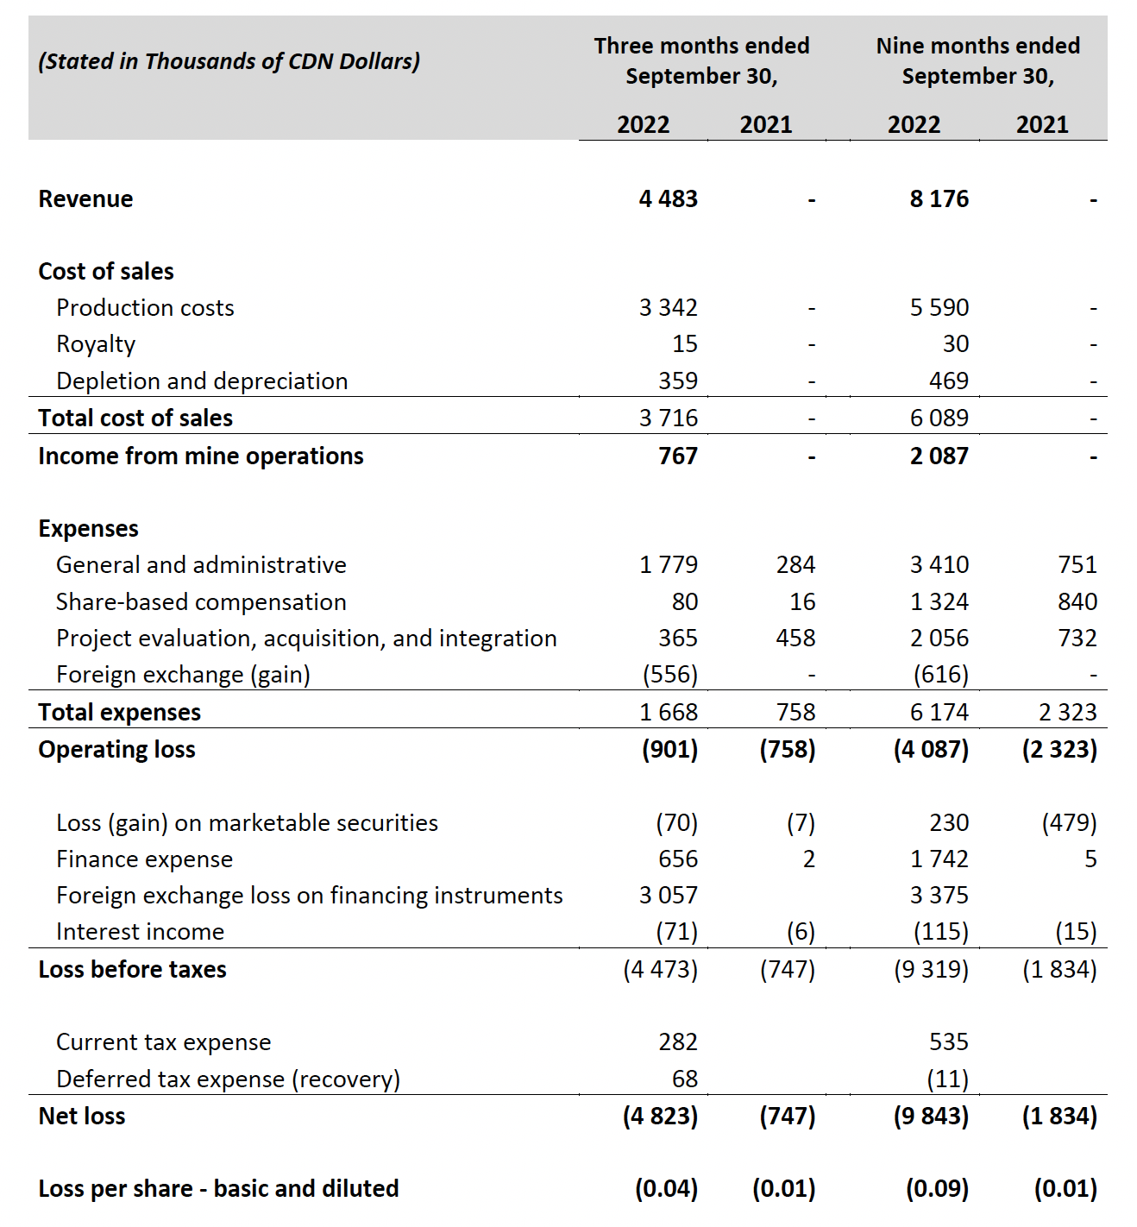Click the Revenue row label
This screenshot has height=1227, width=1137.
(x=85, y=199)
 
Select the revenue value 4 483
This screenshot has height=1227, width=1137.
(x=668, y=199)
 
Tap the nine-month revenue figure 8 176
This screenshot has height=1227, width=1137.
(x=939, y=199)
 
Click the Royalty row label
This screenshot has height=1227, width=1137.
(x=96, y=344)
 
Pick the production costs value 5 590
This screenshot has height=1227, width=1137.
(x=939, y=308)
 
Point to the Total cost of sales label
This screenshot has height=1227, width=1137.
(x=135, y=418)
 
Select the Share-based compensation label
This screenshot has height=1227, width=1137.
(x=201, y=602)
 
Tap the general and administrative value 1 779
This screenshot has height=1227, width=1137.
(x=668, y=565)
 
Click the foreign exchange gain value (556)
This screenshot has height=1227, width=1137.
(x=669, y=675)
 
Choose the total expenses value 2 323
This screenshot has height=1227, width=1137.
(x=1067, y=713)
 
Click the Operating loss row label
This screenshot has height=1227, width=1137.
(x=116, y=750)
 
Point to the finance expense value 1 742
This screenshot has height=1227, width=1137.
(x=939, y=859)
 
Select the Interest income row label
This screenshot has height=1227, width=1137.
(x=140, y=932)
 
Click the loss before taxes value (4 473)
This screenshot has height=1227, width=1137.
(x=660, y=970)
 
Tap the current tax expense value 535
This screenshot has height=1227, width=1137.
(x=948, y=1042)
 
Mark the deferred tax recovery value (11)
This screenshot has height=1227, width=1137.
(x=947, y=1079)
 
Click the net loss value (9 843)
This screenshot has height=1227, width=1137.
(x=931, y=1117)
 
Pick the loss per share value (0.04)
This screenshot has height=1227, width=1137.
(x=666, y=1189)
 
